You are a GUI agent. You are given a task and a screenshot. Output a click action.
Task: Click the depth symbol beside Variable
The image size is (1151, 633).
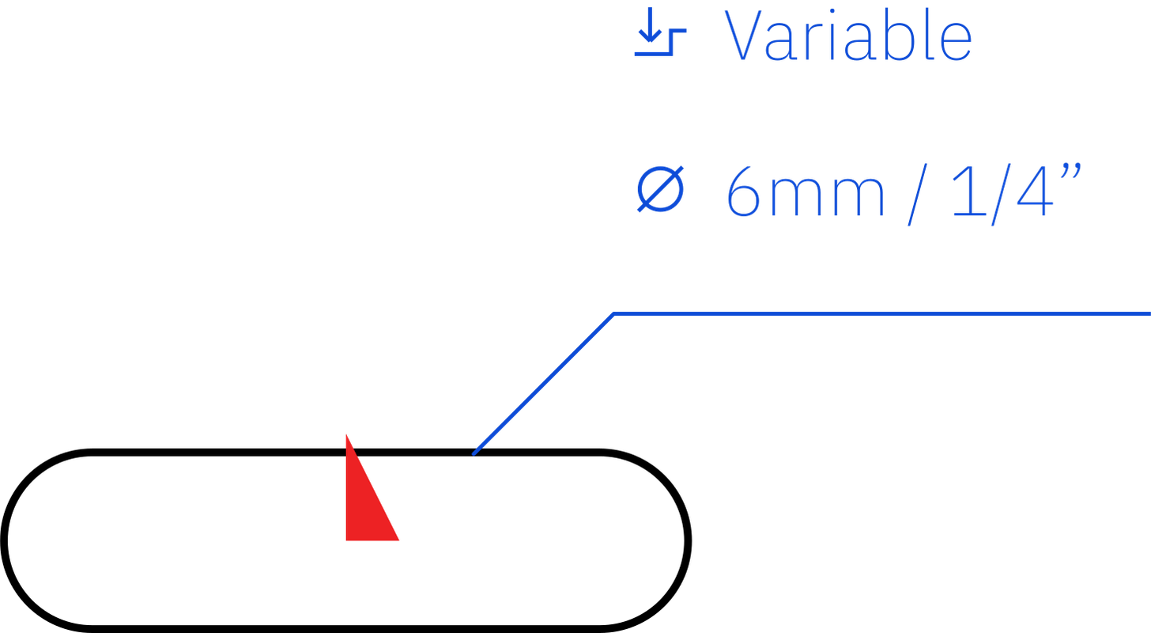tap(660, 32)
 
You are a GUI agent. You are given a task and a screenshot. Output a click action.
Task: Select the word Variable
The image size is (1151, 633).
tap(848, 35)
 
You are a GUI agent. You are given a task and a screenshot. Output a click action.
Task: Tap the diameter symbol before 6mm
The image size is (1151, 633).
tap(660, 189)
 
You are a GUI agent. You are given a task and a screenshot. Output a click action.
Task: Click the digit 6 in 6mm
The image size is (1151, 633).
tap(743, 191)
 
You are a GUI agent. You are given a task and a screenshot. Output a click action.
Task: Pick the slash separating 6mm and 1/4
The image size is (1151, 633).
tap(918, 195)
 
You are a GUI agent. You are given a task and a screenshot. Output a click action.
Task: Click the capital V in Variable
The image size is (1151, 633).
tap(743, 35)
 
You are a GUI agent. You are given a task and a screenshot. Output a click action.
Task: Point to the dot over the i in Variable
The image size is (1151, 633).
tap(832, 11)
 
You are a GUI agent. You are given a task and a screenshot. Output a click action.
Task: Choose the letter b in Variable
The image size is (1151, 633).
tap(899, 35)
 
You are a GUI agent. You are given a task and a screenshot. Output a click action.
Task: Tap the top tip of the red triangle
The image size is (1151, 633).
tap(346, 435)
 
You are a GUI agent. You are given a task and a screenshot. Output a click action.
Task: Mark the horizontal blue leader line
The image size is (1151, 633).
tap(882, 313)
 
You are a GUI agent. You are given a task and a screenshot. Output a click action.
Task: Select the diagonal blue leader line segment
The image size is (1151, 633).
tap(543, 384)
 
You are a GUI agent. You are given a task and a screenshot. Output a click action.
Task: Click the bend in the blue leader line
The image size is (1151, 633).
tap(614, 313)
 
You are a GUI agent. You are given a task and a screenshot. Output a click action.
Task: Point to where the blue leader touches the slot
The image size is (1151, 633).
tap(474, 453)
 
